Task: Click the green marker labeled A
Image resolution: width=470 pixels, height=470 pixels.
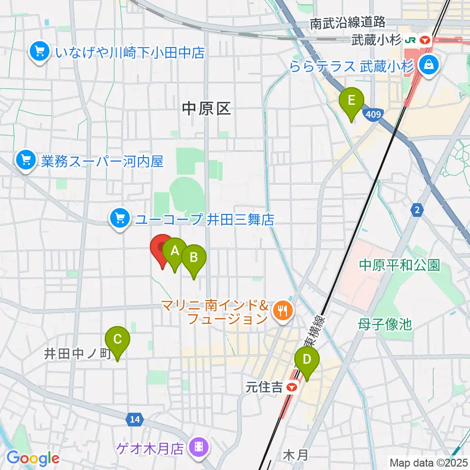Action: (174, 252)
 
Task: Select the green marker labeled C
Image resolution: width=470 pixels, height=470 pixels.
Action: (117, 340)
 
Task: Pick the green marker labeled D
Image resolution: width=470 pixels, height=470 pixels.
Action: (307, 360)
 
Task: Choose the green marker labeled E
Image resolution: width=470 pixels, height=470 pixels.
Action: (352, 100)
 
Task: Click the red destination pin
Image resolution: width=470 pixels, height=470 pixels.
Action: (162, 249)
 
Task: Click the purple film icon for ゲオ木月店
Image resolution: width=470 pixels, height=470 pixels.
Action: (199, 446)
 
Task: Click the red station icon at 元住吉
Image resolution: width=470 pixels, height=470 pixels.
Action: (292, 388)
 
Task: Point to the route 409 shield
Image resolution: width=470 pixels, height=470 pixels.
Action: (373, 114)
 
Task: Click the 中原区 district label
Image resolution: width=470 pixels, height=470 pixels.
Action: (206, 109)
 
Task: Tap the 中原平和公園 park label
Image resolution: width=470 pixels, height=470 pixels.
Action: (399, 265)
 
